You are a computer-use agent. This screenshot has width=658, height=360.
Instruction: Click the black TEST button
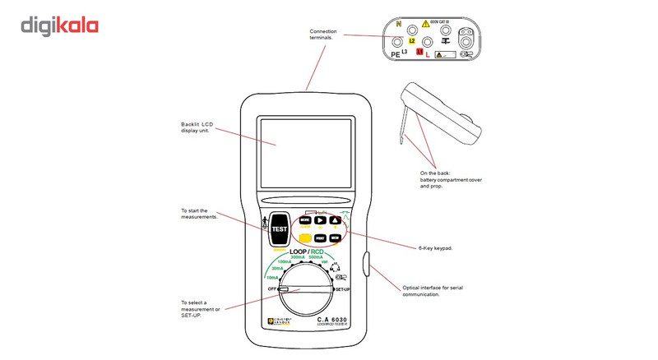click(x=280, y=229)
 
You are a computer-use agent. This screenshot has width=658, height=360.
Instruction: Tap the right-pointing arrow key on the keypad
click(x=320, y=220)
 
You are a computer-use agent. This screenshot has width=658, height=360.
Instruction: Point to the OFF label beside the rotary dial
click(x=271, y=290)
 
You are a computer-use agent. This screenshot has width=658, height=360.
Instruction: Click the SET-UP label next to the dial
click(x=344, y=290)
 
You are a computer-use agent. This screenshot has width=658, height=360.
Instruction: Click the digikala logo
click(x=60, y=26)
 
